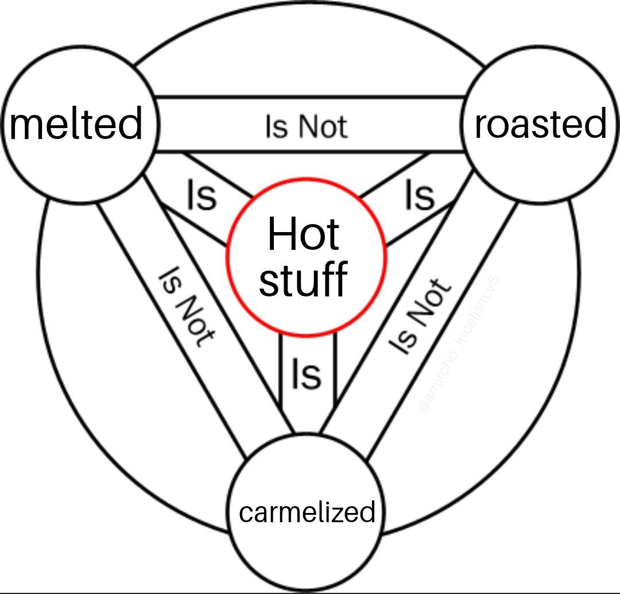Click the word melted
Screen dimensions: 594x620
point(76,124)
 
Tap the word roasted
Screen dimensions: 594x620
point(541,124)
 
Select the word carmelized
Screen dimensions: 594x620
point(307,511)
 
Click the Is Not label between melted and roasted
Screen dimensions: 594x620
point(306,126)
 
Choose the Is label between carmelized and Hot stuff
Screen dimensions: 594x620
point(306,374)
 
